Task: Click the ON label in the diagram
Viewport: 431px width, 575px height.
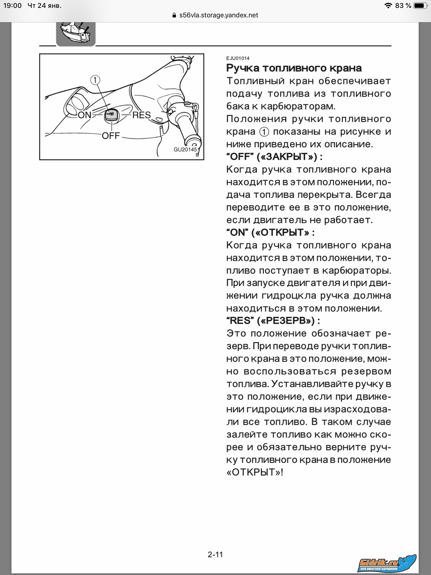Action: click(84, 115)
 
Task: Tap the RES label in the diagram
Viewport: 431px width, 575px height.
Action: click(141, 115)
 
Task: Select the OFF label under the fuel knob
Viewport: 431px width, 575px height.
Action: click(111, 136)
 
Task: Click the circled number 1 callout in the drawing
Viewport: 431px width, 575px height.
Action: click(95, 80)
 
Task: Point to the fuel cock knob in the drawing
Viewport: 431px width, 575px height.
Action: click(111, 115)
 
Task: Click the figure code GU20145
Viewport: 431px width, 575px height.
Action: click(185, 149)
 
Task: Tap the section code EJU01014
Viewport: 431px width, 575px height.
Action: click(238, 58)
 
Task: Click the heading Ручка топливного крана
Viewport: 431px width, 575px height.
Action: click(294, 68)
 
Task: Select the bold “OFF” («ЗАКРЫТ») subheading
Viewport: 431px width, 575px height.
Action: click(274, 157)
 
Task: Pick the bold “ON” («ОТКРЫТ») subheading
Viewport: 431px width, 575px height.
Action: click(270, 232)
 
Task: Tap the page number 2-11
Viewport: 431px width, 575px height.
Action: click(215, 554)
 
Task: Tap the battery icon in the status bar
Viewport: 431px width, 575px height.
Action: click(420, 6)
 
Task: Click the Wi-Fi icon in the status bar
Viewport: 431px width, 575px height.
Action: click(388, 6)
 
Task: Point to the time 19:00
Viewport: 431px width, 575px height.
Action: click(12, 6)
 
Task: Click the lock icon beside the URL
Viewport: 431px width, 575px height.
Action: click(174, 15)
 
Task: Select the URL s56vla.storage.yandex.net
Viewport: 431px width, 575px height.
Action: click(219, 15)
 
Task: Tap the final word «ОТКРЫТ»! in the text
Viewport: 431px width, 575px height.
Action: click(255, 472)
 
